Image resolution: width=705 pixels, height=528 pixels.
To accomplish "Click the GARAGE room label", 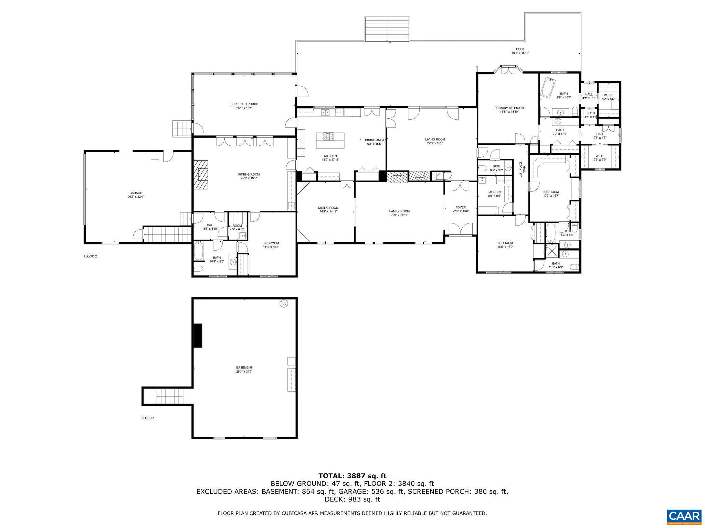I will coord(136,193).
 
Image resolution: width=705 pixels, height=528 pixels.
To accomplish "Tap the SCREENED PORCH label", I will coord(244,104).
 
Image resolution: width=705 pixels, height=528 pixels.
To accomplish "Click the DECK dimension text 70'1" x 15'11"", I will coord(520,53).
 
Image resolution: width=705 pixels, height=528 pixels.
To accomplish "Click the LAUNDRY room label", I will coord(494,192).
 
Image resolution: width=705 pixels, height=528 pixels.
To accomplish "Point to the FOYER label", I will coord(461,207).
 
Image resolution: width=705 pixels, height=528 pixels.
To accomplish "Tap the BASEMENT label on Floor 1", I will coord(244,367).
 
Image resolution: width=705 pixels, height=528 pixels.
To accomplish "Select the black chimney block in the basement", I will coord(198,335).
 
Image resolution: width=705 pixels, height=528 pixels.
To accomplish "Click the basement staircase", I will coord(169,396).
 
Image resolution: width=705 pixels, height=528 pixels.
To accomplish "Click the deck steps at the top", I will coord(387,29).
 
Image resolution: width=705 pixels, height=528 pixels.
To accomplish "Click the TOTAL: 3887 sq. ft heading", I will coord(352,476).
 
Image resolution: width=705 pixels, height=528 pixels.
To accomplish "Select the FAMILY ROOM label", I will coord(399,211).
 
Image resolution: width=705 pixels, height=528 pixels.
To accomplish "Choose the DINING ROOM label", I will coord(328,208).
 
